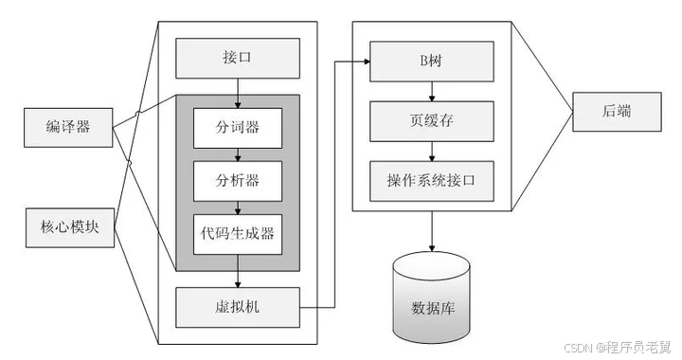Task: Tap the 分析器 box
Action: click(238, 179)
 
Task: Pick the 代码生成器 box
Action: click(238, 232)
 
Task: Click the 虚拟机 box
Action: click(238, 306)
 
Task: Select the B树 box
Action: click(432, 63)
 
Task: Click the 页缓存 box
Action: click(432, 120)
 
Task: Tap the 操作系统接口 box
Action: click(432, 180)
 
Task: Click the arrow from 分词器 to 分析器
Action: click(238, 153)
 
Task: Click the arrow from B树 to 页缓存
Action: click(432, 92)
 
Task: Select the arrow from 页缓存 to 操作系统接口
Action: click(432, 150)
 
